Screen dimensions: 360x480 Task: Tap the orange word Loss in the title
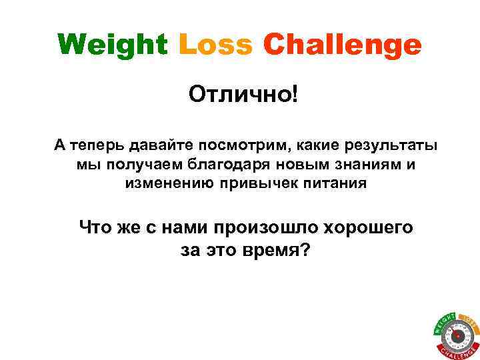(216, 46)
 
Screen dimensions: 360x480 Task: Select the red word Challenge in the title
(343, 46)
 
